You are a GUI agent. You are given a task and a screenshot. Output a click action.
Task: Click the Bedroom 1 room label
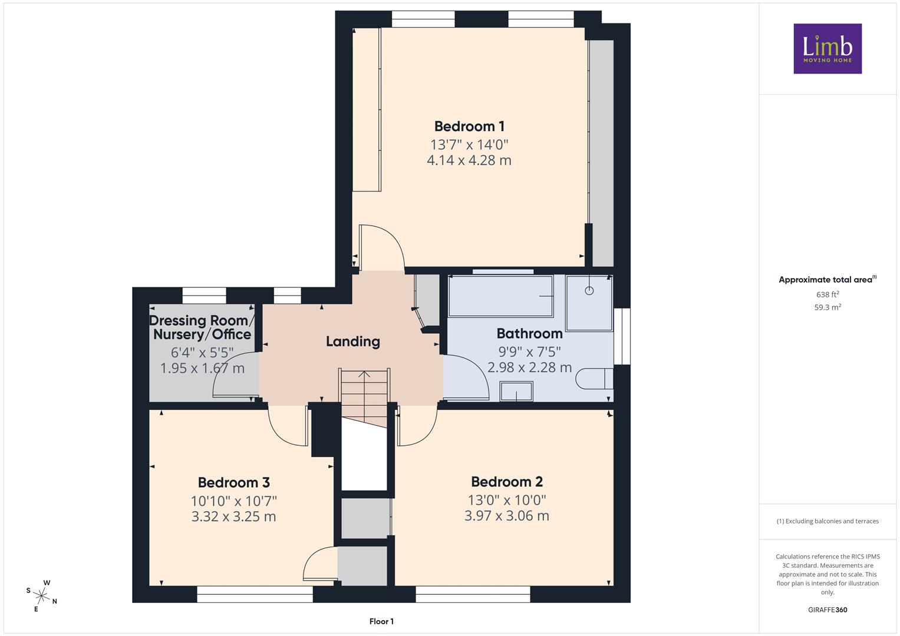coord(469,126)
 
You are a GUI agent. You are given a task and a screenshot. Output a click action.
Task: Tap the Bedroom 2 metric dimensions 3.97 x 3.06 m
coord(507,515)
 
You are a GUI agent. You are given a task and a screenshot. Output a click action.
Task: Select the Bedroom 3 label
coord(233,482)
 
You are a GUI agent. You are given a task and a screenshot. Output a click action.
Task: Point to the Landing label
coord(353,342)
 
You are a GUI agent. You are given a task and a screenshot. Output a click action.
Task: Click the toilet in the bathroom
coord(594,379)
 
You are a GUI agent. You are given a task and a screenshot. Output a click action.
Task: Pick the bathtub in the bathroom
coord(500,296)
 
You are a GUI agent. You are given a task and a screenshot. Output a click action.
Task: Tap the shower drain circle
coord(589,291)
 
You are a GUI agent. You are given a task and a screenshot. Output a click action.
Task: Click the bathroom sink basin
coord(516,391)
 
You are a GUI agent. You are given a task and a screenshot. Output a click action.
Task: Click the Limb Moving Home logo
coord(828,48)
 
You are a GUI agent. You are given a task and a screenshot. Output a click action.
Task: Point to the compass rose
coord(41,595)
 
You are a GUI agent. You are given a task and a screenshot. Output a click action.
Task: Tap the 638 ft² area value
coord(828,294)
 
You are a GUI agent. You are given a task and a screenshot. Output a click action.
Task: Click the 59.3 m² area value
coord(828,307)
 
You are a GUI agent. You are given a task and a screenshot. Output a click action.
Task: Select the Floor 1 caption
coord(381,621)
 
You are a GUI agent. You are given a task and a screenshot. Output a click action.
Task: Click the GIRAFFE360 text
coord(828,609)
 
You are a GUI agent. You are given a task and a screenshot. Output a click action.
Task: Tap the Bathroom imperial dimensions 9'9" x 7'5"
coord(529,352)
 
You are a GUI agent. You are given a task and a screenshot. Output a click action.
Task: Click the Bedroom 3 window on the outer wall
coord(255,594)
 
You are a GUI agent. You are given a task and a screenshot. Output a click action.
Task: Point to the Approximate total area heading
coord(828,280)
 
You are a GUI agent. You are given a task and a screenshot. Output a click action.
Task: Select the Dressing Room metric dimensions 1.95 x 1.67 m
coord(202,368)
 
